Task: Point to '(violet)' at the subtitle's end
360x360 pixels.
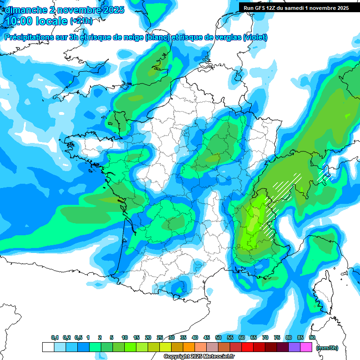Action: pos(255,37)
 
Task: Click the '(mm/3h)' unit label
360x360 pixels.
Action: pos(327,347)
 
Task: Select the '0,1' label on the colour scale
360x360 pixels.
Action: pos(55,338)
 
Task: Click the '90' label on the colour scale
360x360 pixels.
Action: pos(312,338)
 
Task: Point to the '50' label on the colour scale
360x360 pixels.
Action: pos(218,338)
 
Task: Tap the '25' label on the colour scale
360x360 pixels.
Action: pos(160,338)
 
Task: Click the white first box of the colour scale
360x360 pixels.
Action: pos(48,347)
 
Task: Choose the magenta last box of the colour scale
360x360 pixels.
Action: pos(306,347)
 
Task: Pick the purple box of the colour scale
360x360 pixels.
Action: pos(294,347)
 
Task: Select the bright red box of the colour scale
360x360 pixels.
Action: pos(247,347)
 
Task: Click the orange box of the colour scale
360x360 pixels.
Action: pos(189,347)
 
